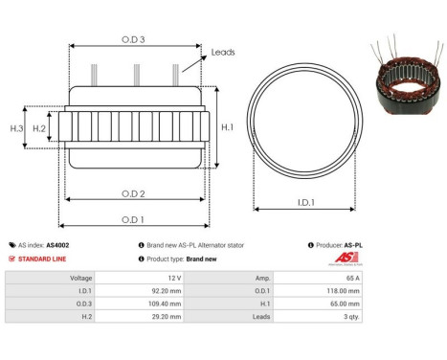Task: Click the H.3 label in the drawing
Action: pos(16,127)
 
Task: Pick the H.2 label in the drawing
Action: pos(39,127)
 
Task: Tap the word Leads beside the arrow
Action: pos(223,53)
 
